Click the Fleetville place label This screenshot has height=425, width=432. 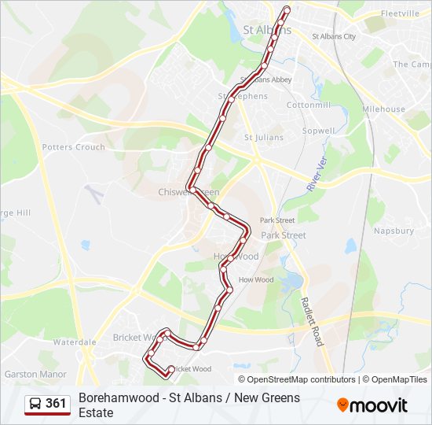point(401,14)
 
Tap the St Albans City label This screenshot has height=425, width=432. point(334,36)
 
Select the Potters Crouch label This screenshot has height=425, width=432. point(73,147)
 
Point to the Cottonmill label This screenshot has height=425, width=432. point(308,105)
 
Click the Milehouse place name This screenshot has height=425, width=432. point(383,109)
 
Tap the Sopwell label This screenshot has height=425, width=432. point(318,131)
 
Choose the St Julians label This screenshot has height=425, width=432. point(263,138)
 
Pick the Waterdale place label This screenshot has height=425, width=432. point(75,342)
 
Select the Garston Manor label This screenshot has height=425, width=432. point(35,375)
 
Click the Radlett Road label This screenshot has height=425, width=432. point(312,321)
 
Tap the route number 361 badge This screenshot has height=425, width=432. point(56,404)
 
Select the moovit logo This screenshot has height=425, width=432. point(372,405)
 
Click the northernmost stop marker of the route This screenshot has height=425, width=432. point(287,9)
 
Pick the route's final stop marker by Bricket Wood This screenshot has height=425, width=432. point(171,369)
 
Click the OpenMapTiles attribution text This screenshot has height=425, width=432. point(399,379)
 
